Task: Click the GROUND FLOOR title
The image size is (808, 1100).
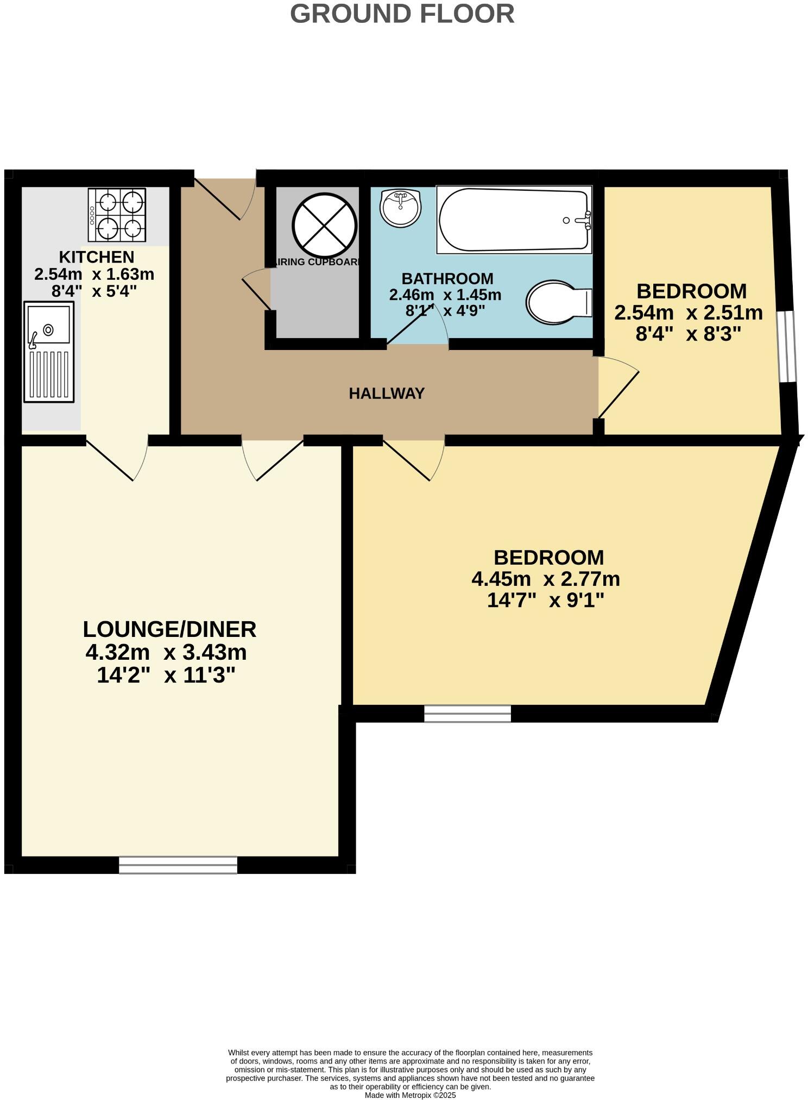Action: [402, 14]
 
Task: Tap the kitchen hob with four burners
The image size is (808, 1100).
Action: [117, 215]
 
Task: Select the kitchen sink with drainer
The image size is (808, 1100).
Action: [49, 353]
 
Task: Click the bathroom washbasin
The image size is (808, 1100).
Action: [400, 208]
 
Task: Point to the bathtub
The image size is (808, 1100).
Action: [514, 220]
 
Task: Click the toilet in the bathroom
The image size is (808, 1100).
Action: [558, 302]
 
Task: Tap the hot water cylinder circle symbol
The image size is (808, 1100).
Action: [324, 226]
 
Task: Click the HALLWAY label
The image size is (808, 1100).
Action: [386, 393]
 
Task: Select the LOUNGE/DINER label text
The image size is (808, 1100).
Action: [169, 629]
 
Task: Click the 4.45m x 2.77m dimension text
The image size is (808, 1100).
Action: [545, 579]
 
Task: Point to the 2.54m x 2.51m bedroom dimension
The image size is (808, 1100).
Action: [688, 313]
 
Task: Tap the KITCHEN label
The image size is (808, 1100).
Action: [96, 257]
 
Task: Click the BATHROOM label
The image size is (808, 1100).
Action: [447, 278]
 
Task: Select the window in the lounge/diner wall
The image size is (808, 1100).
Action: [178, 864]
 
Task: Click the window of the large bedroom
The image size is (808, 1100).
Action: [467, 713]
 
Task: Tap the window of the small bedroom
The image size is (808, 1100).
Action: [786, 346]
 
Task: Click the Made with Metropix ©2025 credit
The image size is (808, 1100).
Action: [410, 1095]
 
